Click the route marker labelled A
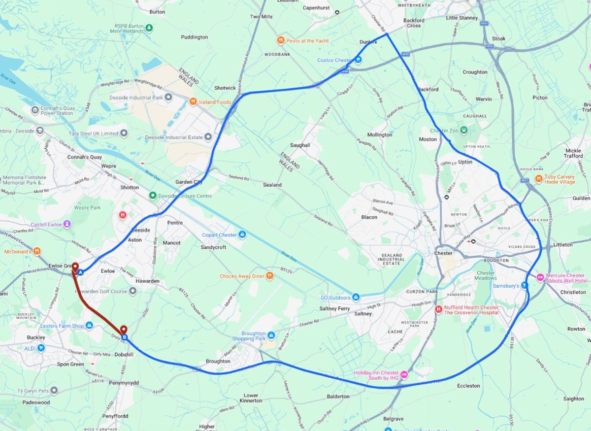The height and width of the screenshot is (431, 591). pyautogui.click(x=80, y=271)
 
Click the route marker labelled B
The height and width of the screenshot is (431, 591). pyautogui.click(x=125, y=338)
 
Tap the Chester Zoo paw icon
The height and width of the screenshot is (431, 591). pyautogui.click(x=463, y=131)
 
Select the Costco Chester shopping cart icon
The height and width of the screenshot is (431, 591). pyautogui.click(x=359, y=60)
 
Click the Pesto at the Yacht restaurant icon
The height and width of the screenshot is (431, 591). pyautogui.click(x=281, y=40)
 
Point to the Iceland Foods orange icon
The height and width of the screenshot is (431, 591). pyautogui.click(x=194, y=102)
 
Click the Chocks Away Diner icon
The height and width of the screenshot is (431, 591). pyautogui.click(x=269, y=276)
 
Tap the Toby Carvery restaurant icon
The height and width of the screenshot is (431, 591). pyautogui.click(x=539, y=178)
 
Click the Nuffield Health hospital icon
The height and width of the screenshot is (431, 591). pyautogui.click(x=438, y=310)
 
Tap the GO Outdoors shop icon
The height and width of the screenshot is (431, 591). pyautogui.click(x=356, y=297)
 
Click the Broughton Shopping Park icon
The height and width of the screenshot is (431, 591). pyautogui.click(x=271, y=335)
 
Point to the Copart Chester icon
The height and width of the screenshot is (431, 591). pyautogui.click(x=242, y=235)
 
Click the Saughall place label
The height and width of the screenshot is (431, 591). pyautogui.click(x=300, y=145)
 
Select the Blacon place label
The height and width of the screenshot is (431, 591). pyautogui.click(x=369, y=217)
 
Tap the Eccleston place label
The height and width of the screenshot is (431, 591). pyautogui.click(x=468, y=386)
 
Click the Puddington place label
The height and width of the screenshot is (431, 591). pyautogui.click(x=195, y=37)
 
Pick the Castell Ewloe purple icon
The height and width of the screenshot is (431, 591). pyautogui.click(x=67, y=224)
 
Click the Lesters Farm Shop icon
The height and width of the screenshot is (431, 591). pyautogui.click(x=89, y=325)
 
